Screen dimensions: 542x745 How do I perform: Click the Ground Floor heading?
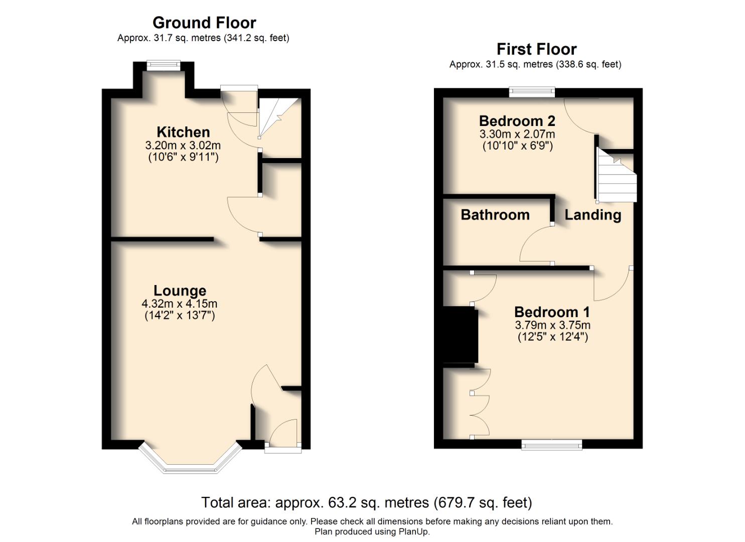[x=204, y=23]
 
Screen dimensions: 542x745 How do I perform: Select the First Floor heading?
[x=536, y=49]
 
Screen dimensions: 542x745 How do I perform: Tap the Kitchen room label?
[x=183, y=132]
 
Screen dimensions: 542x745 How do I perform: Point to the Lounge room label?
[x=180, y=291]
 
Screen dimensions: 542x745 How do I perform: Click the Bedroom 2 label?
[x=517, y=121]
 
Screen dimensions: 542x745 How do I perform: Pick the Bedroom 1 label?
[x=552, y=312]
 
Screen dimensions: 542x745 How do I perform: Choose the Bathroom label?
[x=495, y=215]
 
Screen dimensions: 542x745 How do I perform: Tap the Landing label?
[x=593, y=215]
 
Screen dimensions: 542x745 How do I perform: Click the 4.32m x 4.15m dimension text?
[x=180, y=304]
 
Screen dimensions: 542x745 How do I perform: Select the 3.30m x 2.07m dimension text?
[x=517, y=134]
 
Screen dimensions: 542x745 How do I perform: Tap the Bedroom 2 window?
[x=532, y=91]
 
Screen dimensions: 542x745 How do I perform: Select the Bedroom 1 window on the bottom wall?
[x=552, y=444]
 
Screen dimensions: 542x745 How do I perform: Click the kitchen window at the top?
[x=163, y=64]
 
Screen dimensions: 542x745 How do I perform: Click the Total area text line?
[x=366, y=502]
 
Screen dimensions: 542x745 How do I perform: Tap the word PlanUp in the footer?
[x=413, y=531]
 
